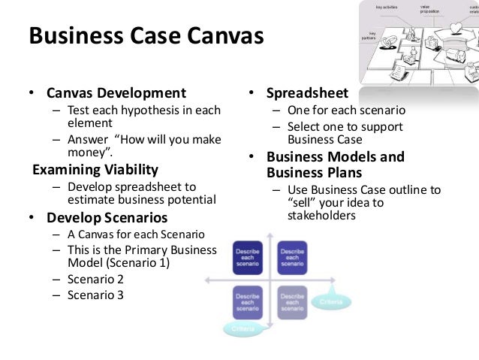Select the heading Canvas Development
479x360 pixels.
point(116,93)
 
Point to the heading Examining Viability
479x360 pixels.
point(95,169)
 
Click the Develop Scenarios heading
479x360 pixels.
point(107,218)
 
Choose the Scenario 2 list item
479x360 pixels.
point(95,279)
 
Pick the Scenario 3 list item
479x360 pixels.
point(95,295)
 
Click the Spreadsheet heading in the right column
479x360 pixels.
point(306,93)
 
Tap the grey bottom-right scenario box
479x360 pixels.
point(291,302)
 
